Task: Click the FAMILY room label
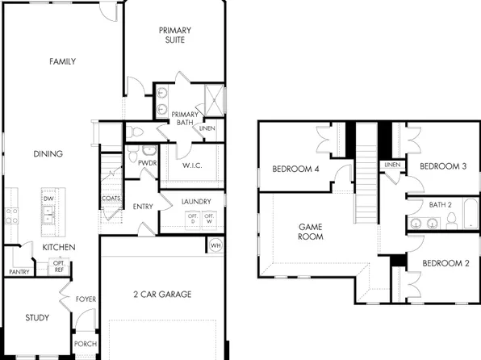pos(62,61)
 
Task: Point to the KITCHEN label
pos(59,247)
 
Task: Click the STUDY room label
pos(37,317)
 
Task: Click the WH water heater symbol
pos(215,245)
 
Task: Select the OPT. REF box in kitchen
pos(59,266)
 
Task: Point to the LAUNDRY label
pos(196,200)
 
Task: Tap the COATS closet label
pos(111,199)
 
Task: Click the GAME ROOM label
pos(311,232)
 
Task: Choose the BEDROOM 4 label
pos(295,169)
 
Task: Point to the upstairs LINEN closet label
pos(392,165)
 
